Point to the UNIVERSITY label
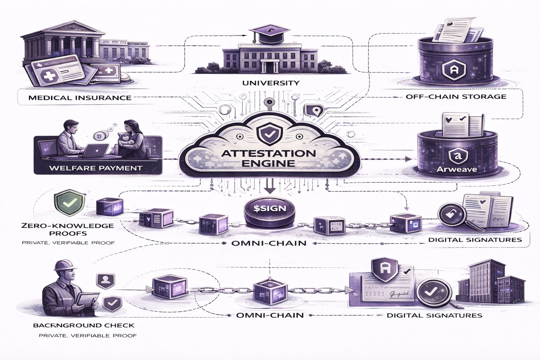pos(271,83)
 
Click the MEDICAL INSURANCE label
pos(80,97)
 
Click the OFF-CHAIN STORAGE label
pos(456,96)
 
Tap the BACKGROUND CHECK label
pos(83,325)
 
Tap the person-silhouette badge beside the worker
pos(104,280)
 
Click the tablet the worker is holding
pos(86,299)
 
